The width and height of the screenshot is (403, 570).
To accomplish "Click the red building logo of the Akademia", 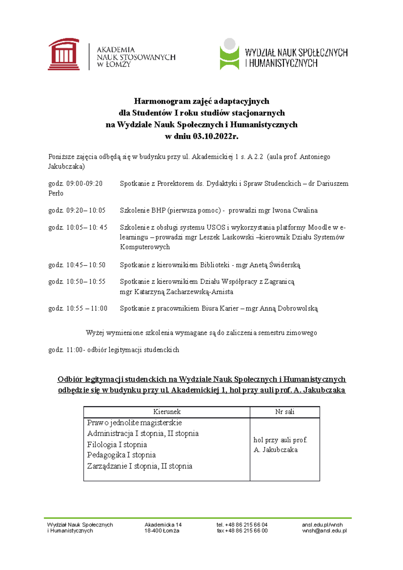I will [64, 54].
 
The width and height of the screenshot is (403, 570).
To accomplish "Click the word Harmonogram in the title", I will [162, 101].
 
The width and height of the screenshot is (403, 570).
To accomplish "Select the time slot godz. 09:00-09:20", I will [76, 184].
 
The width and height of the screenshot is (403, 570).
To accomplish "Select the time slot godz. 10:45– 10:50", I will [77, 265].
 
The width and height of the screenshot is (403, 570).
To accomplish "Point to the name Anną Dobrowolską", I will [289, 308].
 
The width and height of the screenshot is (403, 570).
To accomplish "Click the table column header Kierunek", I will [167, 412].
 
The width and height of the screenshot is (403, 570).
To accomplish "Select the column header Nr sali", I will [284, 412].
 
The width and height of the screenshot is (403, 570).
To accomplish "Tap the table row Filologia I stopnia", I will [117, 445].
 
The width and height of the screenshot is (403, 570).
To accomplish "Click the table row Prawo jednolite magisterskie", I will [134, 423].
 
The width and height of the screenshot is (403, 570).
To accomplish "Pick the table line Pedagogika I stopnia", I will [121, 455].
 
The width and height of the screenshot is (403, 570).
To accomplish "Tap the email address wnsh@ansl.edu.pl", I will [324, 531].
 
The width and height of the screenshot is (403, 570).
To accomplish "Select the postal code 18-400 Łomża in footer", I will [162, 531].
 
